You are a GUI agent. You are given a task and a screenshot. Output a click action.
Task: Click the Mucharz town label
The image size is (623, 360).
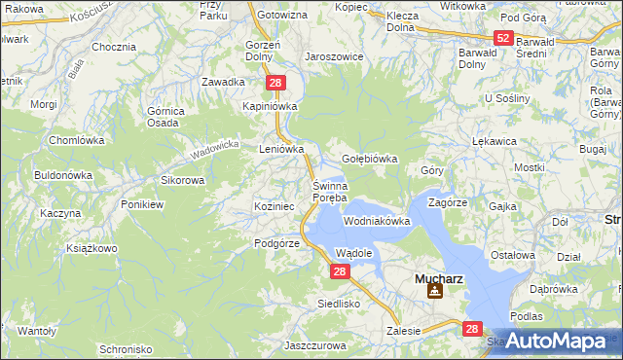tap(438, 277)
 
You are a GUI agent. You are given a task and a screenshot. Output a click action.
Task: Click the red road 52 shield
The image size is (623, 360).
tap(502, 38)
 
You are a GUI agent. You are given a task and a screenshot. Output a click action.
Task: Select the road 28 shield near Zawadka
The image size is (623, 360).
tap(275, 84)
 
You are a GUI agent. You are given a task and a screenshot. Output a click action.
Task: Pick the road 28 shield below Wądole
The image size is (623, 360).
tap(338, 271)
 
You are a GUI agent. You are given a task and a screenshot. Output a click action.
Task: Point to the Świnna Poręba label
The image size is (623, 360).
tap(329, 192)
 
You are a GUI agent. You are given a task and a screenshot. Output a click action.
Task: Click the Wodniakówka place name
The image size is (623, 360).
tap(377, 222)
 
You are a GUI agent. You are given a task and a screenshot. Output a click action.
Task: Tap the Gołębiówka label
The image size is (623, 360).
tap(370, 159)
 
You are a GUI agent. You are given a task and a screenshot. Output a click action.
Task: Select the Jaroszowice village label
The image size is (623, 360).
tap(334, 56)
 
